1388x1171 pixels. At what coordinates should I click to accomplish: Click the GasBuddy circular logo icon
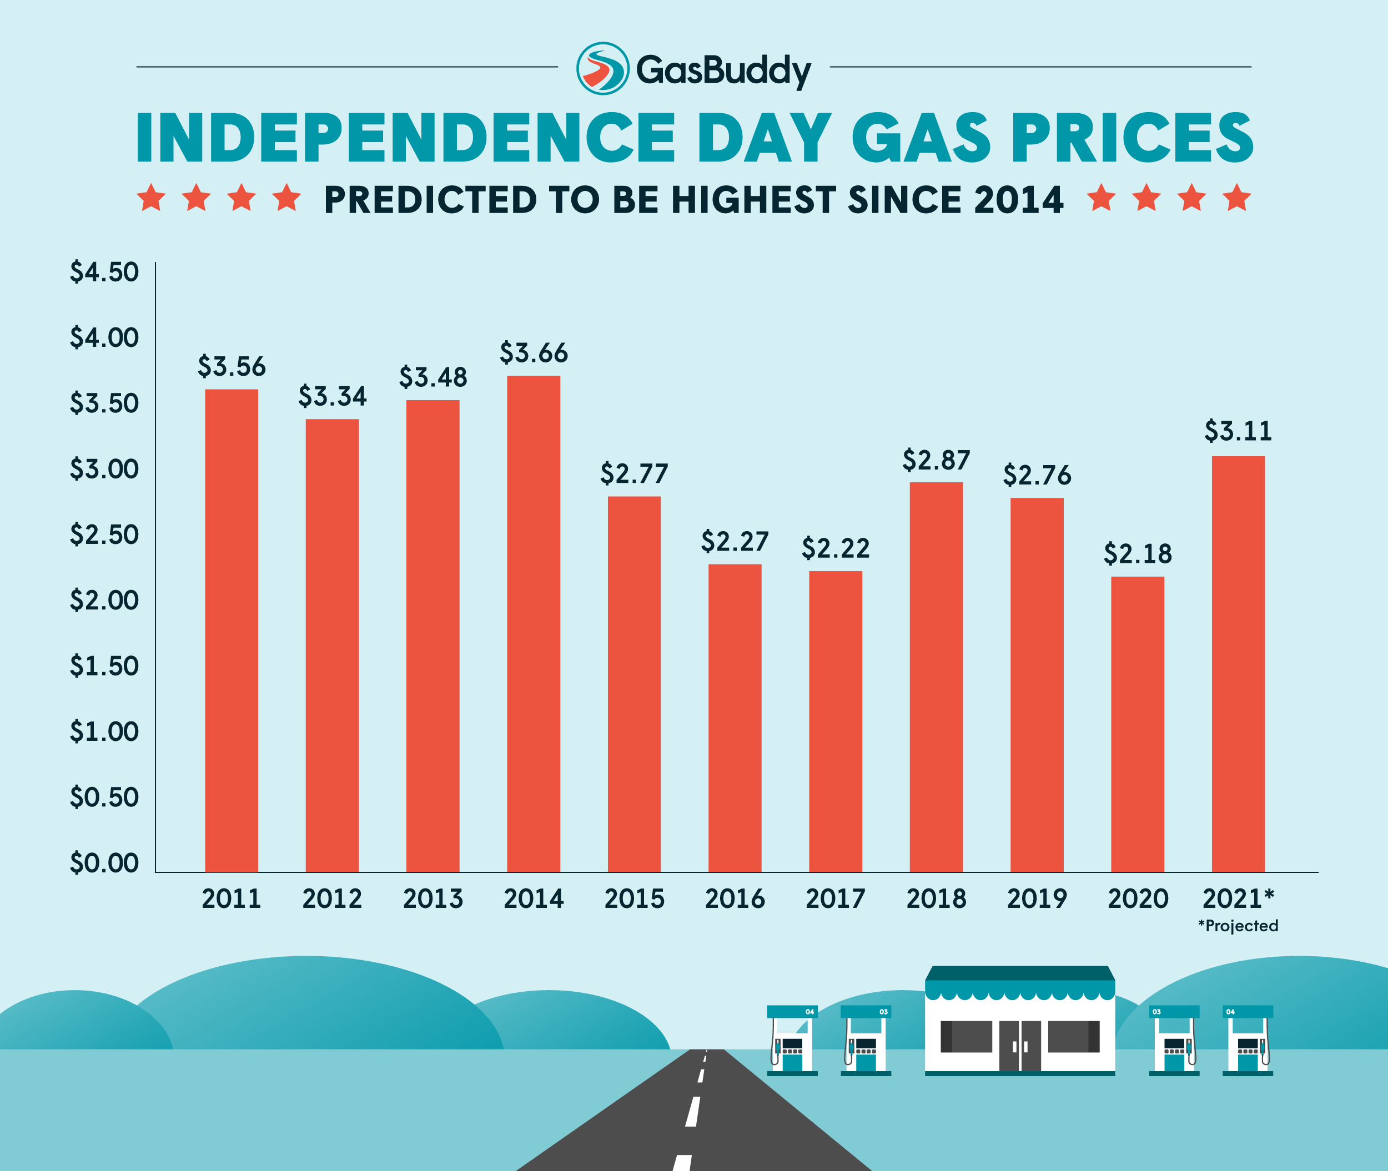(602, 68)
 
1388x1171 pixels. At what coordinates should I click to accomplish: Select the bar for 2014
(534, 624)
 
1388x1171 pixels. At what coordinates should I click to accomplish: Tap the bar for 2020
(1137, 724)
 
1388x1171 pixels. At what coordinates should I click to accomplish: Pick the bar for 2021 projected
(1238, 664)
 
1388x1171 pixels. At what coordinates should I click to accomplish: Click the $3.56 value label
(231, 366)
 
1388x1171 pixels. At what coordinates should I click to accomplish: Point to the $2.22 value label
(836, 548)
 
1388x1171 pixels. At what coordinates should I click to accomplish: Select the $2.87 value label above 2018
(936, 460)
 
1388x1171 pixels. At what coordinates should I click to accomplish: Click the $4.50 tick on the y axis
(104, 272)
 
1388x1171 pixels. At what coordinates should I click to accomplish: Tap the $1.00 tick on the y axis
(104, 731)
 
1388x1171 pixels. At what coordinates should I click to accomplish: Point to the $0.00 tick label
(104, 863)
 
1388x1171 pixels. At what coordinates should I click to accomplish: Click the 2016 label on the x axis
(735, 899)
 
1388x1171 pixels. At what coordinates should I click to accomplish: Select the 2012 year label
(332, 899)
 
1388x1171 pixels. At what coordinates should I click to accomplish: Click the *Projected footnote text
(1238, 925)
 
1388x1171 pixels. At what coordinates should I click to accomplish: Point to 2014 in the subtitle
(1018, 200)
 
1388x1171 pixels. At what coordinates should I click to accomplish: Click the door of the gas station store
(1020, 1046)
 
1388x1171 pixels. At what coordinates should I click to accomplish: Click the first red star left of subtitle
(152, 198)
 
